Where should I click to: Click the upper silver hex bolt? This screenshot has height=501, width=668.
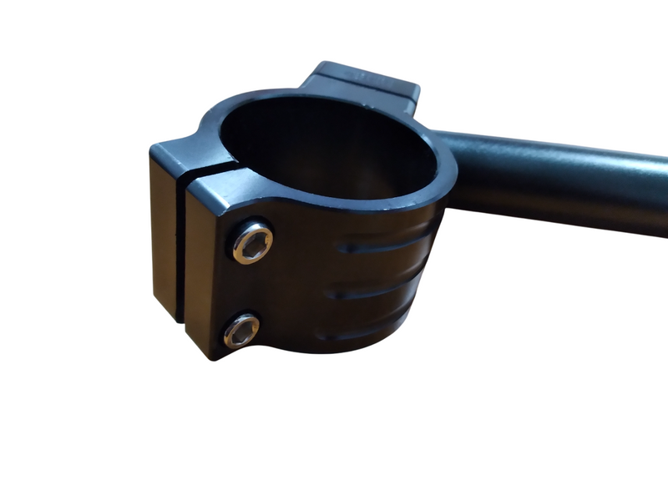click(x=252, y=242)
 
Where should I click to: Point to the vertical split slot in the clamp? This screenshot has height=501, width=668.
click(x=180, y=250)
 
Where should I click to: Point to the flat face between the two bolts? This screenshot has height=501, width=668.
click(x=242, y=288)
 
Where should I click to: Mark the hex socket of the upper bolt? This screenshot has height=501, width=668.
click(x=252, y=242)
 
